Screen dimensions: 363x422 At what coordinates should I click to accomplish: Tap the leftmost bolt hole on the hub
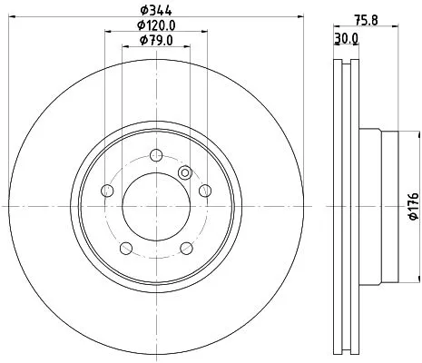click(106, 191)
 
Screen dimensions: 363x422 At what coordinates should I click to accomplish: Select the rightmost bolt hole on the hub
click(205, 190)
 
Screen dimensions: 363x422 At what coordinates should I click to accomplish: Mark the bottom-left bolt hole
click(125, 249)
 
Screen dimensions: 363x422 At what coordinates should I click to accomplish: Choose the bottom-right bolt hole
click(186, 249)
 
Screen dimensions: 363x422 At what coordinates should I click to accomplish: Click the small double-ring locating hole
click(187, 172)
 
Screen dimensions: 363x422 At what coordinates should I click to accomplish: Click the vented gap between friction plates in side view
click(346, 209)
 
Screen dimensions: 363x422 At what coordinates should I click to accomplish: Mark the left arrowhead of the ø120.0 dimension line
click(109, 33)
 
